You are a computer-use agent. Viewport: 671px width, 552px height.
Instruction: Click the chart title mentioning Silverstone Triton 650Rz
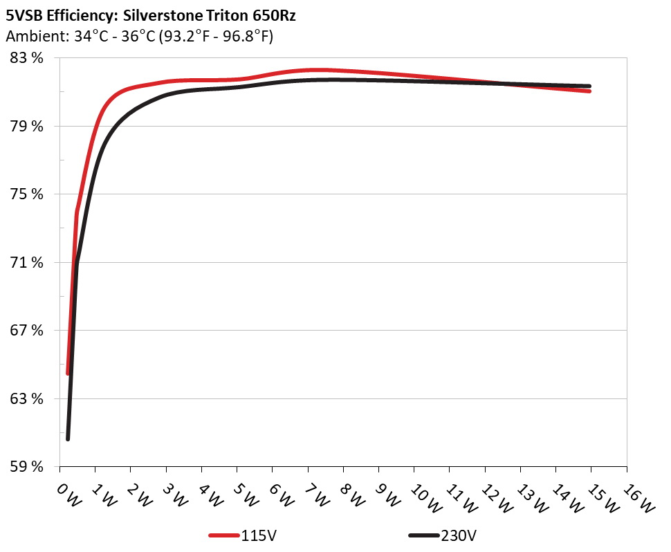click(x=151, y=16)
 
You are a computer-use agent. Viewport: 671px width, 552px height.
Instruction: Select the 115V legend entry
click(x=239, y=535)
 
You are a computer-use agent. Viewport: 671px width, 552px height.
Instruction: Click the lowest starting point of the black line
click(x=68, y=439)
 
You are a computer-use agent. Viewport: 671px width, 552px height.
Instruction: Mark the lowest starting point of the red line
click(x=68, y=374)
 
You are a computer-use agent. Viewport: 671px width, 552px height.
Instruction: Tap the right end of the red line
click(x=589, y=91)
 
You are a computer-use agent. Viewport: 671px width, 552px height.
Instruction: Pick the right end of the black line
click(x=589, y=86)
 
